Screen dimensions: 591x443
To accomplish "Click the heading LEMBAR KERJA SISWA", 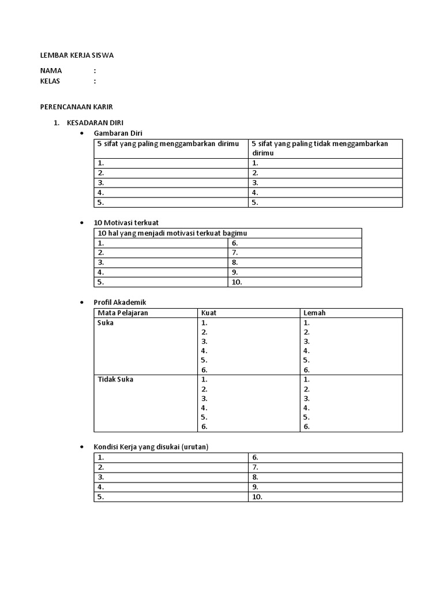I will (77, 55).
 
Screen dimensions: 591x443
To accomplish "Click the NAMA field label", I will (51, 70).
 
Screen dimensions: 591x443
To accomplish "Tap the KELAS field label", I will (50, 81).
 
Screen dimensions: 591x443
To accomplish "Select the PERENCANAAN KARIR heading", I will (77, 107).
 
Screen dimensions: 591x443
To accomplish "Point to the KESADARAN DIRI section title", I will (95, 123).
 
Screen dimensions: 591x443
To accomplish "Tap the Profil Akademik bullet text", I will (119, 302).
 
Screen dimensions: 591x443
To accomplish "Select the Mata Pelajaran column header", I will (123, 313).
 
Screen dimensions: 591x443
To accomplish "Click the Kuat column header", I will (209, 313).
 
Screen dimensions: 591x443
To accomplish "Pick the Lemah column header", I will (314, 313).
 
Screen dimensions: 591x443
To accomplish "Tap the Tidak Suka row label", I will (115, 380).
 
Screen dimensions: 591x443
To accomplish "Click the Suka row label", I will (106, 323).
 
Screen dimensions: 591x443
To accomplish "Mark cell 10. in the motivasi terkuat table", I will (237, 282).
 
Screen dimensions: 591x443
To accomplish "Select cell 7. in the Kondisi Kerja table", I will (255, 467).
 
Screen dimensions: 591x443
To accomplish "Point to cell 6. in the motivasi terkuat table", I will (235, 243).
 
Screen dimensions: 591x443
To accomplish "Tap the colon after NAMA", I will (95, 70).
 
